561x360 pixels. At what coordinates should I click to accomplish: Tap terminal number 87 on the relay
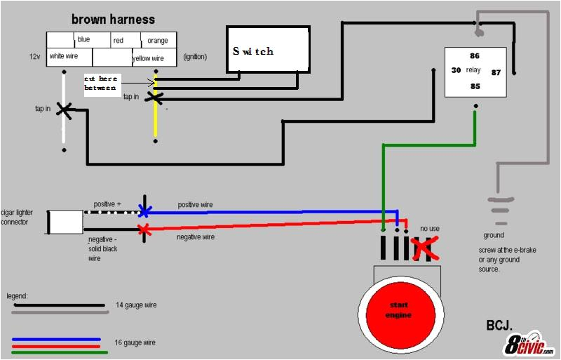tap(496, 72)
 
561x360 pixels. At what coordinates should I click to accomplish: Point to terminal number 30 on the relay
tap(456, 70)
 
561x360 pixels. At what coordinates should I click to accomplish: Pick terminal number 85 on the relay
tap(475, 86)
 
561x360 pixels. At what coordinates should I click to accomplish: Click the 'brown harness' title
tap(113, 19)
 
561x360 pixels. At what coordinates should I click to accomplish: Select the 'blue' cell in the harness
tap(83, 39)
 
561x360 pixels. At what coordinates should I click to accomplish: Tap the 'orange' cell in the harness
tap(158, 41)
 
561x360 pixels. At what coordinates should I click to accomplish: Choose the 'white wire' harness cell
tap(62, 56)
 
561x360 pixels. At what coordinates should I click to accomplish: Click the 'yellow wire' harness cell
tap(148, 58)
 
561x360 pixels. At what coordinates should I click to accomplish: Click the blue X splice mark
tap(144, 211)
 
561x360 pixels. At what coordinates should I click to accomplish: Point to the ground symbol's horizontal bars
tap(499, 208)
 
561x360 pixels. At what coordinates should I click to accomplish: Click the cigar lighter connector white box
tap(67, 222)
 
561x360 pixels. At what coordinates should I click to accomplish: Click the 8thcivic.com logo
tap(529, 343)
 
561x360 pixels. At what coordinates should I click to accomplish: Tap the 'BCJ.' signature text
tap(499, 325)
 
